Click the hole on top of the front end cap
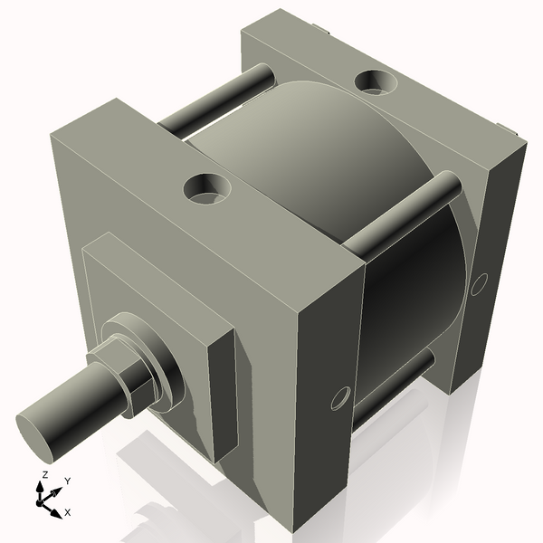(x=207, y=188)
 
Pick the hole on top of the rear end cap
(x=374, y=82)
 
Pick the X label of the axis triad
(x=68, y=511)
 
